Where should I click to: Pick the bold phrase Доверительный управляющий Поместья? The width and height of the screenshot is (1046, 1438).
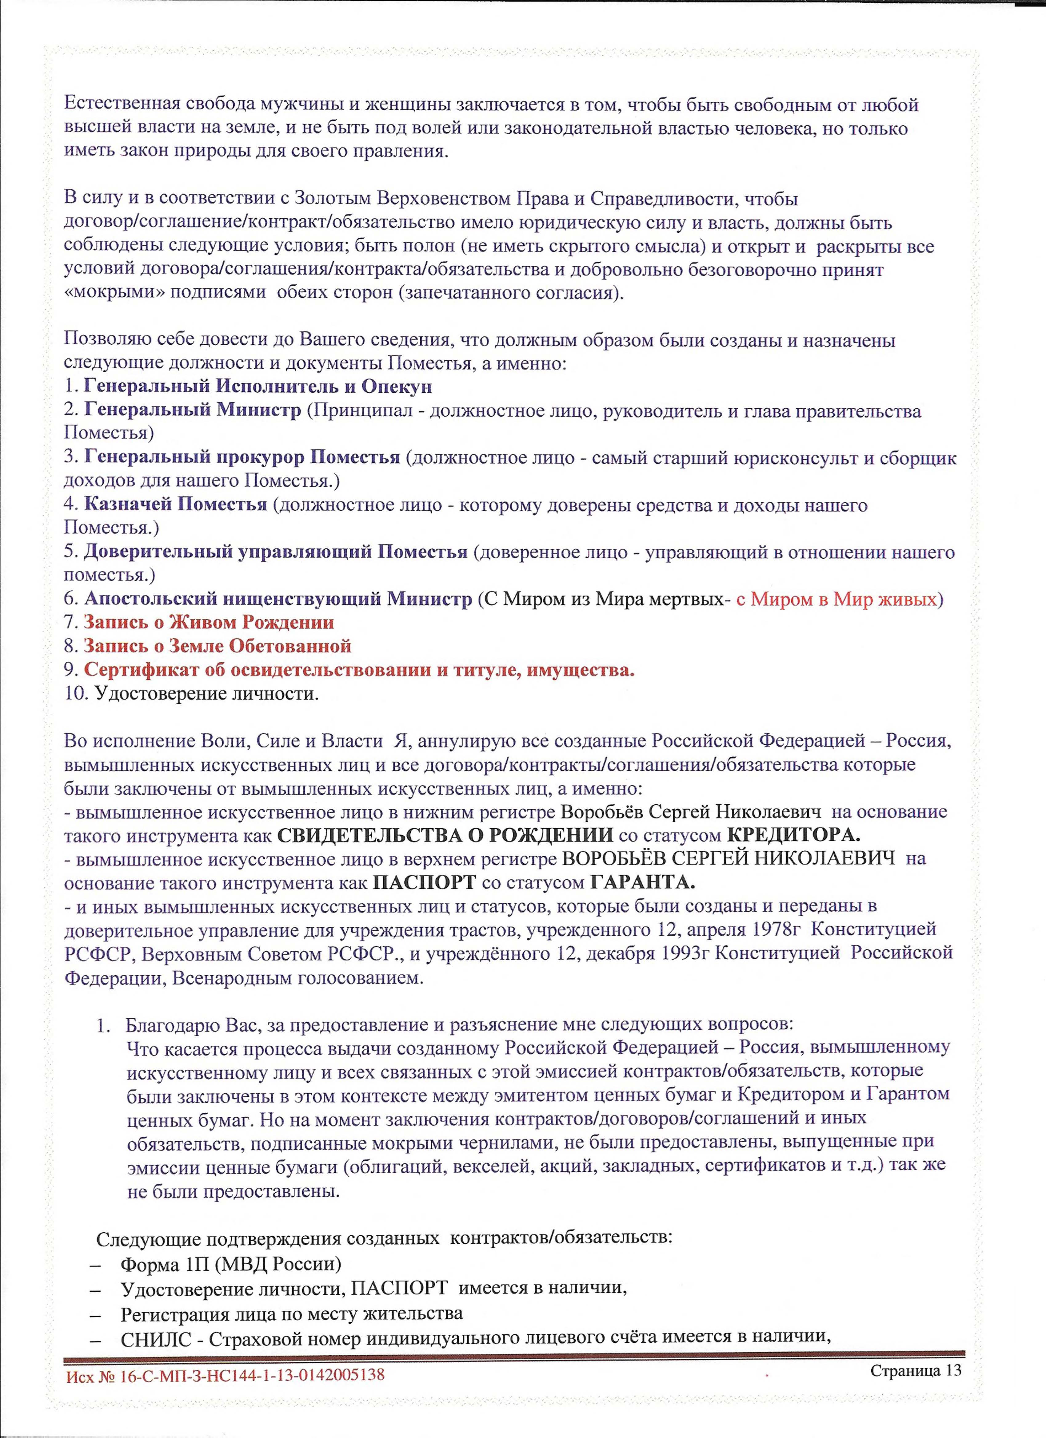point(275,552)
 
